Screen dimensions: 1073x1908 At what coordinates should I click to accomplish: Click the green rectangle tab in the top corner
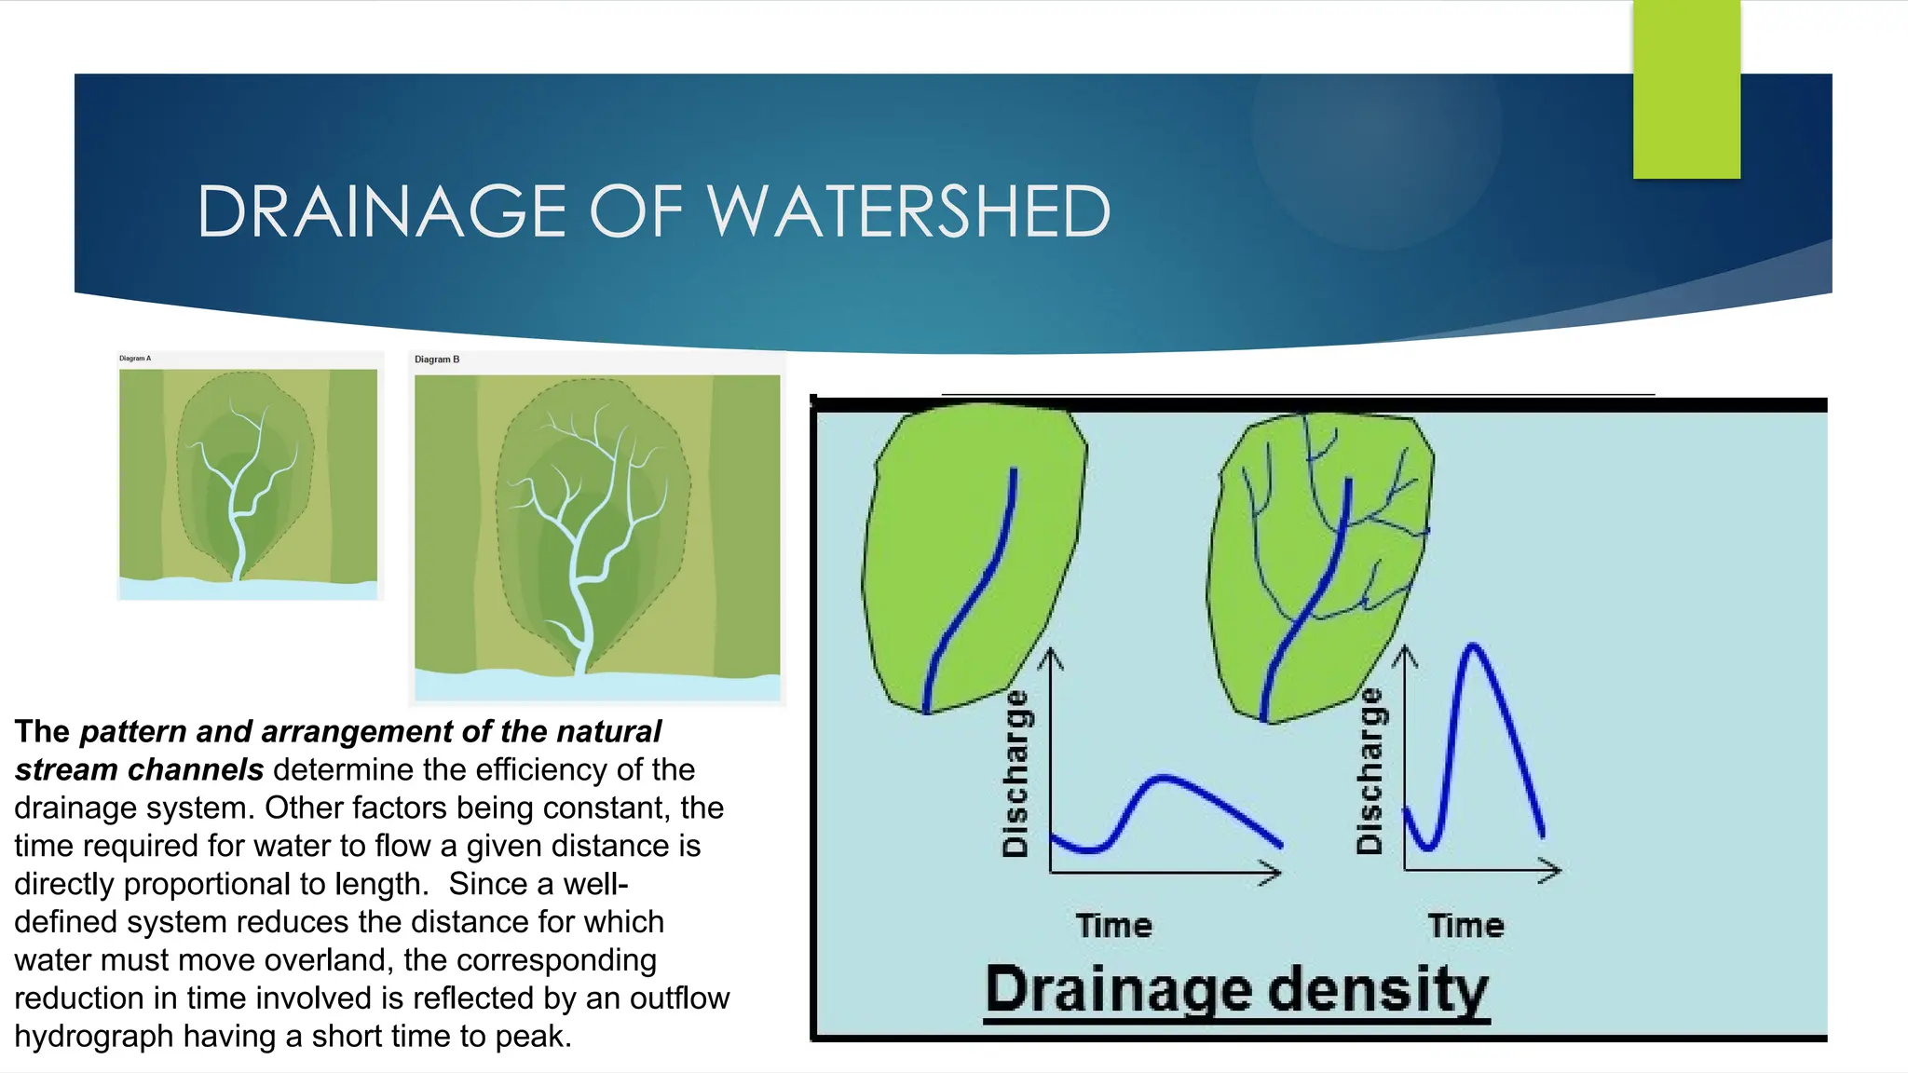1686,88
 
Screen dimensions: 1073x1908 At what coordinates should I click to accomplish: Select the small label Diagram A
135,359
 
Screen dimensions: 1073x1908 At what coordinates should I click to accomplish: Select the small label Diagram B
437,360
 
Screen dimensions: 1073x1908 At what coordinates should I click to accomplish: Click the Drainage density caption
1236,989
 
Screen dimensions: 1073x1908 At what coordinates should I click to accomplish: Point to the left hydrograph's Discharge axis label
1015,773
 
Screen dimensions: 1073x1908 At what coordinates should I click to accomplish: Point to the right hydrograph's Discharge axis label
1369,771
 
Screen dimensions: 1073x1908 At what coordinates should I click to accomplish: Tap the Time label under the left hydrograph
1114,926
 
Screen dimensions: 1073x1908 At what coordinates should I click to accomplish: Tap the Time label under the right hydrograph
1465,926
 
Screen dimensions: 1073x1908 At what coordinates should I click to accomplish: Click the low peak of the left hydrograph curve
1163,777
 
